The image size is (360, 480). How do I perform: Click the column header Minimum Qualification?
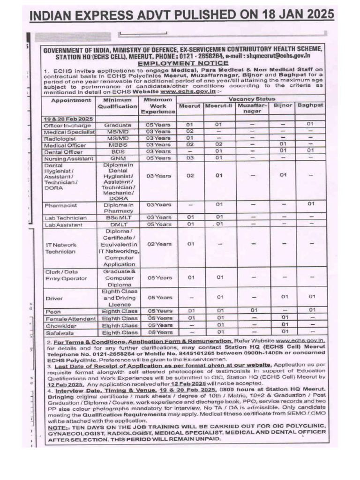coord(117,103)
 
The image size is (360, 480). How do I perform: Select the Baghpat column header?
coord(310,105)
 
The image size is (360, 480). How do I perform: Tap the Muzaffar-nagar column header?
coord(252,108)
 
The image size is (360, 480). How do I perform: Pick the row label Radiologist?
coord(60,138)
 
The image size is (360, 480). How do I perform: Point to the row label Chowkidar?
coord(59,325)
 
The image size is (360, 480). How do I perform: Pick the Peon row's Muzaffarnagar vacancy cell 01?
coord(252,311)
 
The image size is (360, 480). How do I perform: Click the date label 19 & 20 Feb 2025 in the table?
coord(66,119)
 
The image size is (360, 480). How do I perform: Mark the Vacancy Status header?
coord(252,99)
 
